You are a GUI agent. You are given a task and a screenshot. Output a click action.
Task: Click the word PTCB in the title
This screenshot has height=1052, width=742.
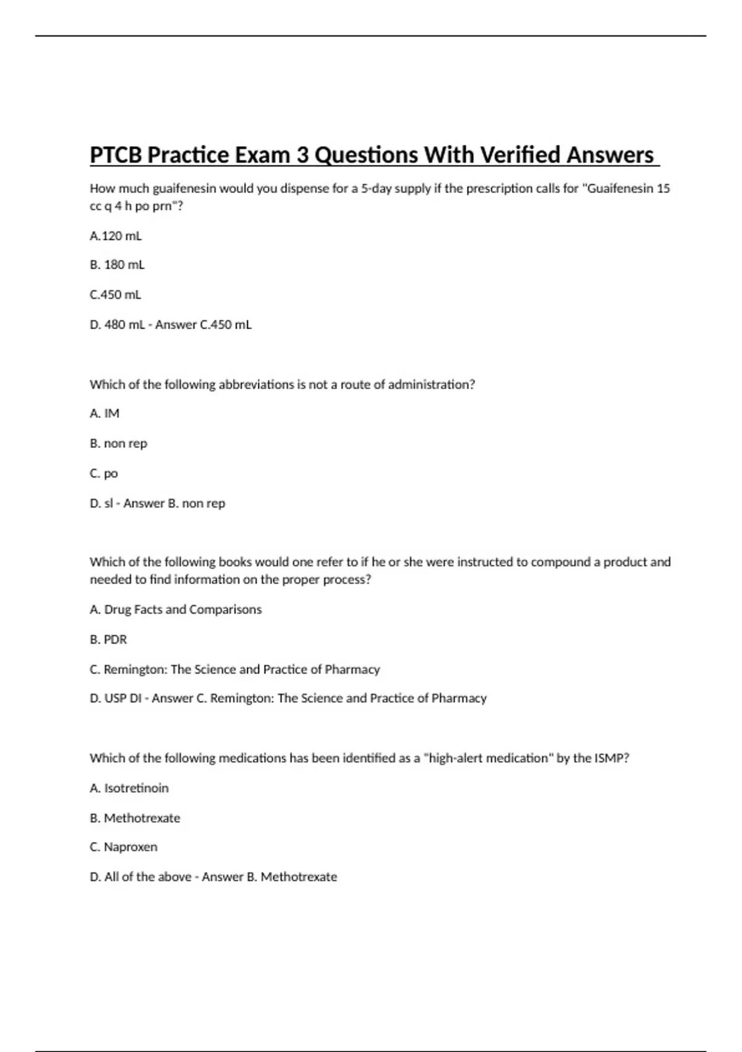coord(116,155)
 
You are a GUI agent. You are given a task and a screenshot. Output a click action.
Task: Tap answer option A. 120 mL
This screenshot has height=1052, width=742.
coord(116,236)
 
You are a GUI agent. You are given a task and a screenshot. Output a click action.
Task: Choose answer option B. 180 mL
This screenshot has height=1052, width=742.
coord(117,265)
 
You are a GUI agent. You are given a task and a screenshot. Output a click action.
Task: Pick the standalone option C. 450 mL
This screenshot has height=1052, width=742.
coord(116,295)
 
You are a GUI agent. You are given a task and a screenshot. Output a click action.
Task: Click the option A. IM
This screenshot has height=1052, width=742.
coord(104,413)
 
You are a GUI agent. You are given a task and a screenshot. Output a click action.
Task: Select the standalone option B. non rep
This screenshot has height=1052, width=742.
coord(118,443)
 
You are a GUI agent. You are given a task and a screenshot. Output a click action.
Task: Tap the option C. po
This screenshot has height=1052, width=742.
coord(104,473)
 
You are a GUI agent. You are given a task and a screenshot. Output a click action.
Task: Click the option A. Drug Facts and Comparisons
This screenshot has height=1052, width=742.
coord(176,610)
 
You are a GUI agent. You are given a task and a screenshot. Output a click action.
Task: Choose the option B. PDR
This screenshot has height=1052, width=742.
coord(108,639)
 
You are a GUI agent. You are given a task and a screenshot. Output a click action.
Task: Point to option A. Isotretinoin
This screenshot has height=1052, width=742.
coord(129,788)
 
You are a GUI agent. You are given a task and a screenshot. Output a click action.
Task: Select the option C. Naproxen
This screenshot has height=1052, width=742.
coord(124,847)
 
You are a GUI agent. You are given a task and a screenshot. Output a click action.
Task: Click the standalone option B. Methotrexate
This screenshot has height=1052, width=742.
coord(135,817)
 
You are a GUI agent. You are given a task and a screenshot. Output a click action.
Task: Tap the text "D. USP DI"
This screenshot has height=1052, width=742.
coord(116,698)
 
